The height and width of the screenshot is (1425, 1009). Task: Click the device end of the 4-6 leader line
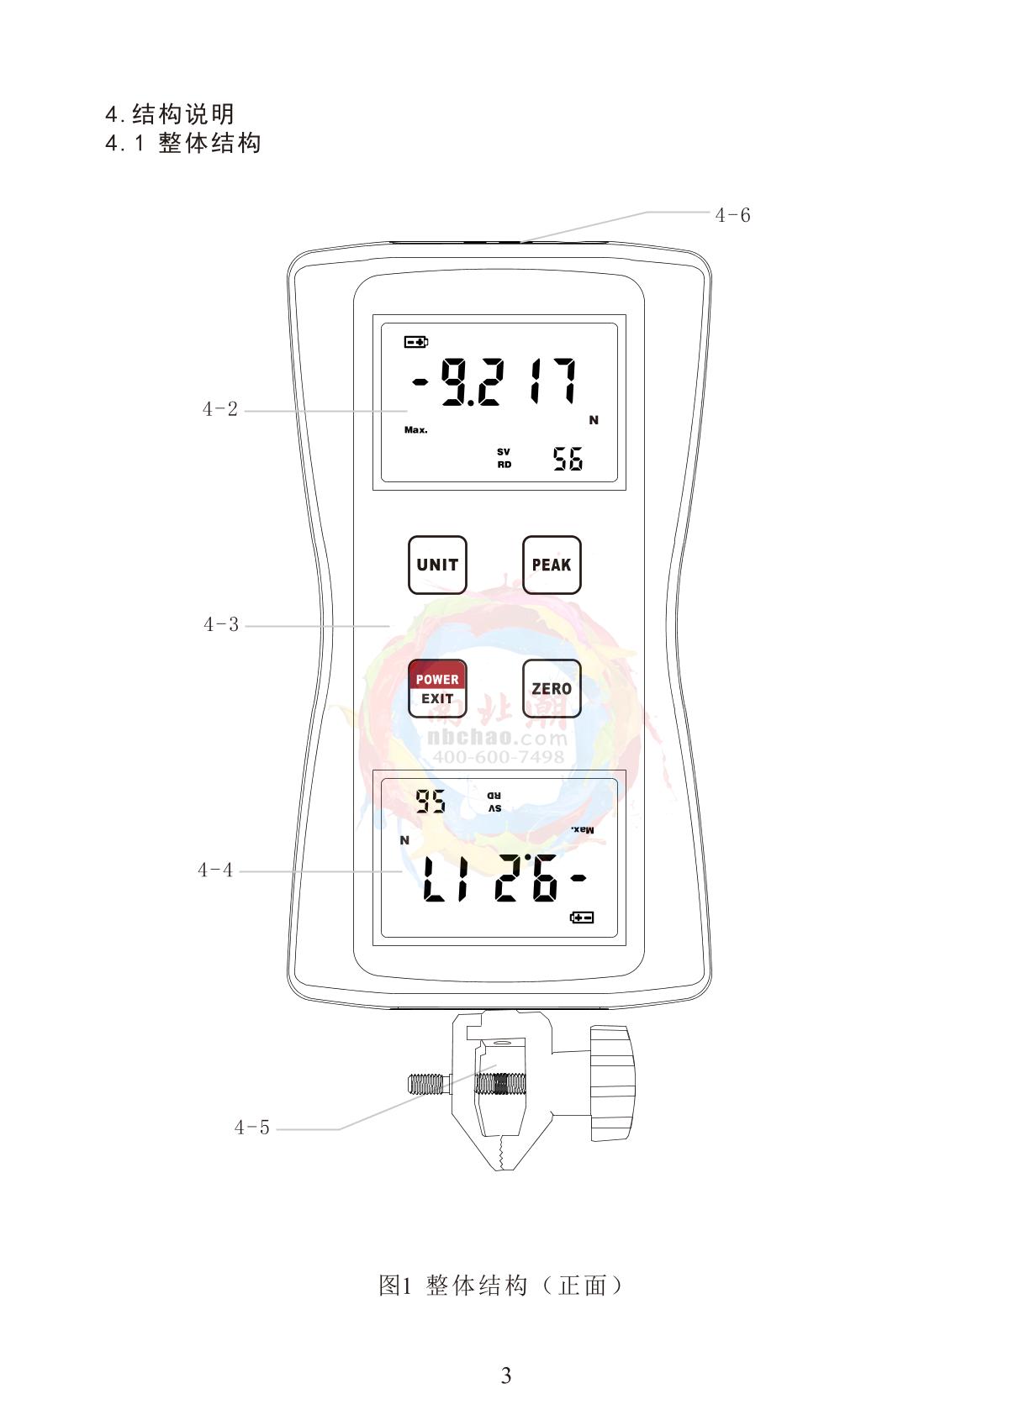(520, 242)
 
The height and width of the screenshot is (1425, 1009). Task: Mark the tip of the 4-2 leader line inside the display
(407, 411)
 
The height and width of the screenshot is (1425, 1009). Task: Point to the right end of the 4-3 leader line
(389, 626)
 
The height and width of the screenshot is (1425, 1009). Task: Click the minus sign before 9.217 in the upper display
(420, 381)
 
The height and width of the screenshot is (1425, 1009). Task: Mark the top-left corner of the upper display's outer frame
(372, 315)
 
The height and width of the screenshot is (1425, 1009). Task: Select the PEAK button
(552, 565)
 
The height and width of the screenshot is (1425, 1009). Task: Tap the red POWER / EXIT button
(437, 688)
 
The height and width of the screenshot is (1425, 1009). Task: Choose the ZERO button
(552, 688)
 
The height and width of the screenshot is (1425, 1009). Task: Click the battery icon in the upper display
(416, 342)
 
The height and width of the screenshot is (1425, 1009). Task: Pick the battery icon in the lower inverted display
(582, 917)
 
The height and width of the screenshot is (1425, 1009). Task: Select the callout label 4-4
(215, 870)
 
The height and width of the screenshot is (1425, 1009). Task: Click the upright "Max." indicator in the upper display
(415, 430)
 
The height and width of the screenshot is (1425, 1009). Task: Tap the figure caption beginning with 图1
(500, 1286)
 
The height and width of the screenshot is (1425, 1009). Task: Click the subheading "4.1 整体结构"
(183, 143)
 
